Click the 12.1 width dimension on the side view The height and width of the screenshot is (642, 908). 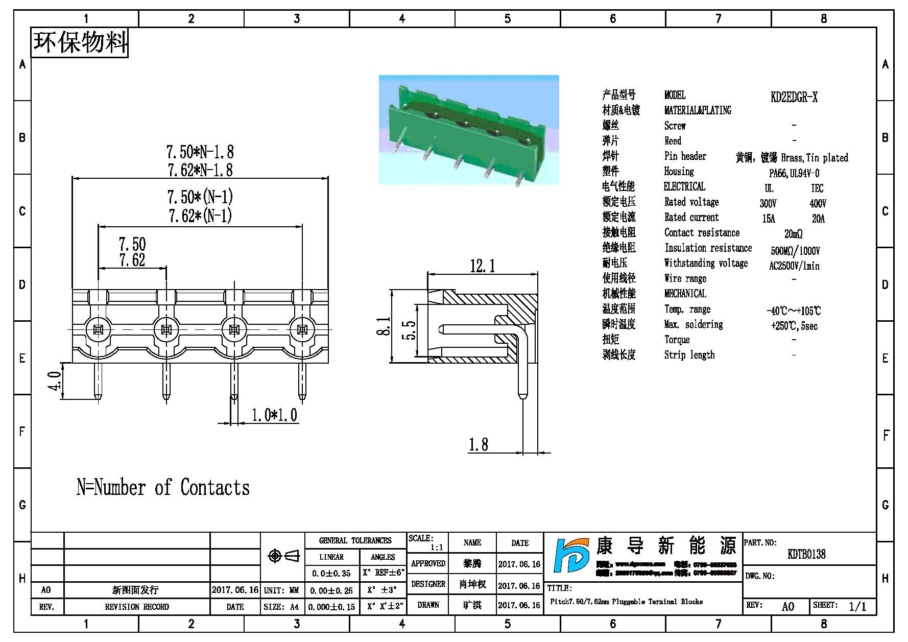[482, 266]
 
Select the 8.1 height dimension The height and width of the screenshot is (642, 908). [384, 326]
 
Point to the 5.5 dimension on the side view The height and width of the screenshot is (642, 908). [409, 330]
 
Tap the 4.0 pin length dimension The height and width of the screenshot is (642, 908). [55, 381]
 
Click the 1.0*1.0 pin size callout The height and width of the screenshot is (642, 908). [274, 415]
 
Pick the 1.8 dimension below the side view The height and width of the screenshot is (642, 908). [479, 445]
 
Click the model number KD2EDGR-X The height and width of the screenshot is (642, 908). [794, 97]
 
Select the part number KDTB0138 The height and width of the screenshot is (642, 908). [806, 554]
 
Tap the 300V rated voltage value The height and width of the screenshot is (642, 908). [768, 203]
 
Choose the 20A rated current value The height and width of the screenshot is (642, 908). [818, 219]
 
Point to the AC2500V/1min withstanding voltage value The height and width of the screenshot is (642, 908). [794, 266]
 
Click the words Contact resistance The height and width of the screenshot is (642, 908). [702, 233]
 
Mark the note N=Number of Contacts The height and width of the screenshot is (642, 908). [163, 487]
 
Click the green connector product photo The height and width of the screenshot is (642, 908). [469, 130]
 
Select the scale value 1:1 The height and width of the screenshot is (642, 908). [436, 548]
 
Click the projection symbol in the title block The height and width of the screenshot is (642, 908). [283, 556]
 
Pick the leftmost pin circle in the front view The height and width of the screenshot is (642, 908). [99, 329]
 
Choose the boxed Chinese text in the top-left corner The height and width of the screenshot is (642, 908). [80, 42]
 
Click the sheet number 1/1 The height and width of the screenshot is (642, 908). [857, 606]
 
